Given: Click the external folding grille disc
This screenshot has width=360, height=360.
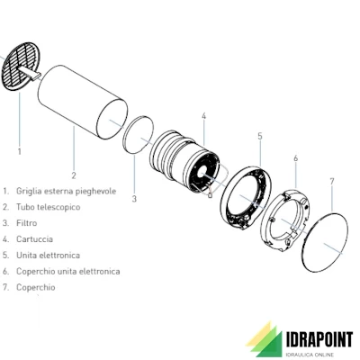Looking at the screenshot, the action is click(x=21, y=66).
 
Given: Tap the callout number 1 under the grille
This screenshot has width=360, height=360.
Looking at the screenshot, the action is click(x=20, y=151).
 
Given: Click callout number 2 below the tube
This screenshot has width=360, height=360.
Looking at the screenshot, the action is click(x=74, y=175).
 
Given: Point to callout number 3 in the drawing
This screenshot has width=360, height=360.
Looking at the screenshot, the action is click(x=134, y=199).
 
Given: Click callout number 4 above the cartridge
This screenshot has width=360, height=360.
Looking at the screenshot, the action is click(x=203, y=116).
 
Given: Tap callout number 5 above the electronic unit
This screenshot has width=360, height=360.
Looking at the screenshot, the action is click(x=260, y=136).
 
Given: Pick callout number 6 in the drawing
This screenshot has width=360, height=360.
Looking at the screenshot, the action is click(x=296, y=158).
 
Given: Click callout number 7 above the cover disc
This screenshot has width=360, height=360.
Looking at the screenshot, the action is click(x=331, y=182).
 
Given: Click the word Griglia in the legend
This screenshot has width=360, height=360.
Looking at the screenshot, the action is click(x=29, y=192).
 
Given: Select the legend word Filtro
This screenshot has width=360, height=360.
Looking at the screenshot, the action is click(x=27, y=223).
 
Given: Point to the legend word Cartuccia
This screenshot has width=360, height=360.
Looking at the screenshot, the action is click(x=34, y=239).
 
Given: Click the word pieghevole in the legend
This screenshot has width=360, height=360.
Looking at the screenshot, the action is click(x=95, y=192).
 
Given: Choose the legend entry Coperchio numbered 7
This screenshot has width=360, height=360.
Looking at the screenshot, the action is click(x=36, y=287).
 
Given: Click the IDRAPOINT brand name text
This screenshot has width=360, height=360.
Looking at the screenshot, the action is click(x=319, y=340).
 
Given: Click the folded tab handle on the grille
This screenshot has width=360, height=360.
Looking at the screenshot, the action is click(x=29, y=73).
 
